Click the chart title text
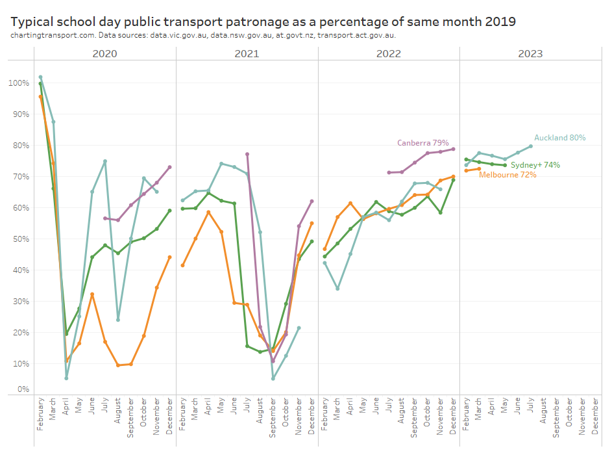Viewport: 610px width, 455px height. pyautogui.click(x=263, y=21)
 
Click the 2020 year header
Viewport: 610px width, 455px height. pyautogui.click(x=105, y=53)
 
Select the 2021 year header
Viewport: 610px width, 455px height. pyautogui.click(x=247, y=53)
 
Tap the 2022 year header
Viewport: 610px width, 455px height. pyautogui.click(x=389, y=53)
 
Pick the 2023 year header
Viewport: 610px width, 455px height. pyautogui.click(x=530, y=53)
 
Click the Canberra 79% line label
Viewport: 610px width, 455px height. pyautogui.click(x=423, y=142)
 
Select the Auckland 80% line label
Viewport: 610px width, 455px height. pyautogui.click(x=559, y=138)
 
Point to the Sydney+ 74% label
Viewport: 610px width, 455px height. pyautogui.click(x=535, y=165)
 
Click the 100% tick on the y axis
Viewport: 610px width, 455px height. pyautogui.click(x=19, y=83)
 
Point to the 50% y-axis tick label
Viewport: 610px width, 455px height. pyautogui.click(x=21, y=239)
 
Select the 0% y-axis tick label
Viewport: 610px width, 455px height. pyautogui.click(x=23, y=389)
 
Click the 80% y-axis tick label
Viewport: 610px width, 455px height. pyautogui.click(x=21, y=146)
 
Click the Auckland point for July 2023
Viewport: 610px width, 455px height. pyautogui.click(x=530, y=146)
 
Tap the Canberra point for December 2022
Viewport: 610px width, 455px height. pyautogui.click(x=453, y=149)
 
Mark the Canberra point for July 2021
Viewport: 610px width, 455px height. pyautogui.click(x=247, y=154)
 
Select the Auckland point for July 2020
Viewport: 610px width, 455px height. pyautogui.click(x=105, y=161)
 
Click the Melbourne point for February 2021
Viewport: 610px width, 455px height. pyautogui.click(x=182, y=265)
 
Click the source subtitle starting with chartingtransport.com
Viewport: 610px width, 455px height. pyautogui.click(x=203, y=35)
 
